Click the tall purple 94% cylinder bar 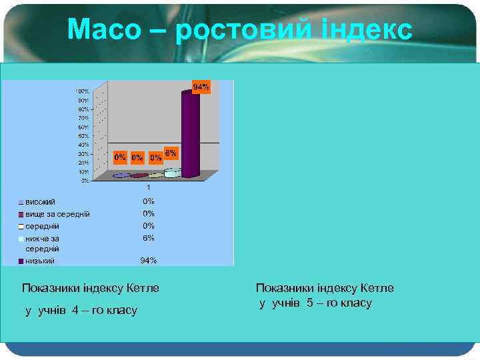click(190, 133)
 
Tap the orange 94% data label click(201, 87)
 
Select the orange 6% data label click(171, 153)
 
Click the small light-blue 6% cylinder click(171, 173)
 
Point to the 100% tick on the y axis click(81, 91)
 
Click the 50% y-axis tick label click(83, 135)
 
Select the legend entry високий click(40, 201)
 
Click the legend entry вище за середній click(57, 213)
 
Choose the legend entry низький click(40, 261)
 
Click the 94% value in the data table click(148, 261)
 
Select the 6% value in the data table click(148, 237)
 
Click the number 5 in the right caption click(310, 303)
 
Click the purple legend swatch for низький click(21, 261)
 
